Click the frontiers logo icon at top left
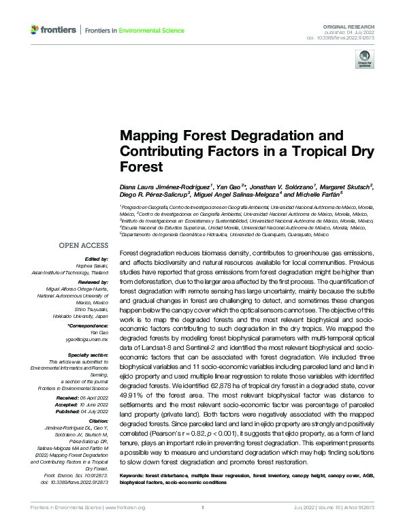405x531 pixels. coord(35,30)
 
